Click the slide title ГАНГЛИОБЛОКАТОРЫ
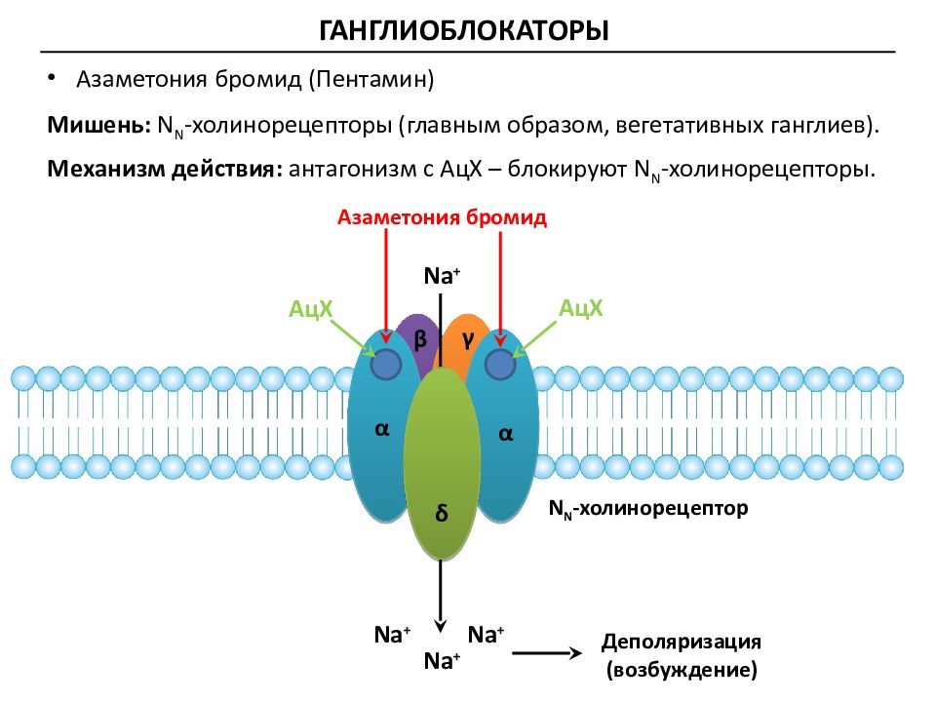[464, 30]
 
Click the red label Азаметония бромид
[442, 217]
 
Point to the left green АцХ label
[310, 309]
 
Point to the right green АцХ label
[580, 308]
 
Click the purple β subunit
[419, 339]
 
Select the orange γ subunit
[466, 339]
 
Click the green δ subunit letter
[441, 514]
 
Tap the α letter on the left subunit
[382, 429]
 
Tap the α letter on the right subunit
[505, 434]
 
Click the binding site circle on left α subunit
[386, 364]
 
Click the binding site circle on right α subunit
[499, 364]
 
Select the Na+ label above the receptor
[442, 276]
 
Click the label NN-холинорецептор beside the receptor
[648, 509]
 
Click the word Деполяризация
[682, 642]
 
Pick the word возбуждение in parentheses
[682, 669]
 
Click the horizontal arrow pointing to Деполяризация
[547, 653]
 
